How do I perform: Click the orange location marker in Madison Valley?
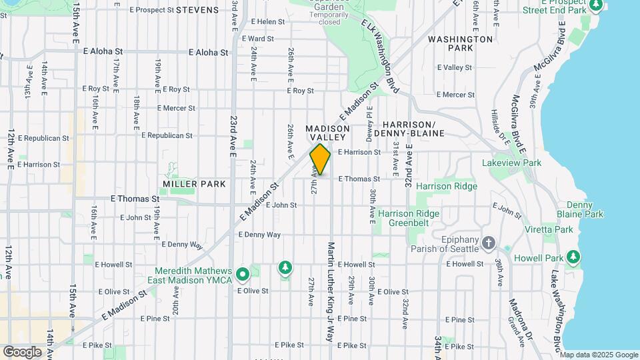(320, 159)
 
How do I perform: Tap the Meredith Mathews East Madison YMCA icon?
(243, 273)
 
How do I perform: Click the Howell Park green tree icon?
(573, 257)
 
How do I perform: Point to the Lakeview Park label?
(511, 163)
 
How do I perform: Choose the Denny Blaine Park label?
(584, 209)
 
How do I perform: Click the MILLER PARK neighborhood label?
(194, 183)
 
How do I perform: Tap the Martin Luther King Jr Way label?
(330, 282)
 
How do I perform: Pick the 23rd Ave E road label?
(233, 135)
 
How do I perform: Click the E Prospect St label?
(152, 10)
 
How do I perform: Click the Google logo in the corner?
(22, 351)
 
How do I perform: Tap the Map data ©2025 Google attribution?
(599, 355)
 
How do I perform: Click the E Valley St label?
(454, 67)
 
